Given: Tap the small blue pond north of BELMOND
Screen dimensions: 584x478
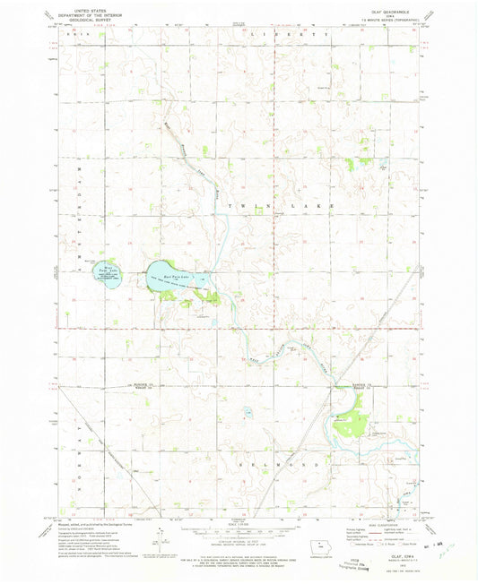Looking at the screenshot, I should point(248,413).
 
